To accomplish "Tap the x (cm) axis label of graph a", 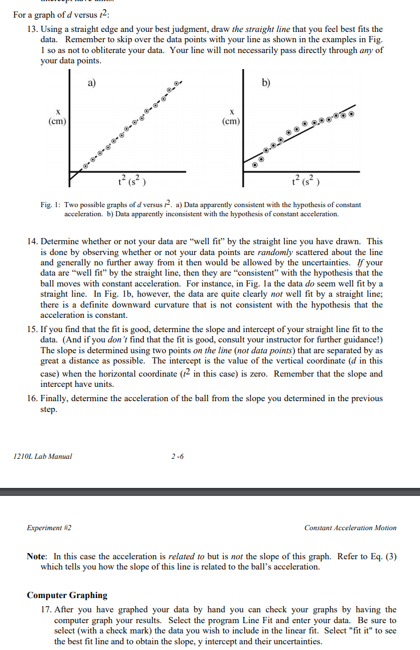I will (57, 116).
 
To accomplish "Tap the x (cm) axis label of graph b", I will (231, 116).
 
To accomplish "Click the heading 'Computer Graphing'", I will (67, 595).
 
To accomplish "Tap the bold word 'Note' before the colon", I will (37, 556).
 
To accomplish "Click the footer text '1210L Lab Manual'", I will (41, 456).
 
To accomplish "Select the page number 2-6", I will (177, 456).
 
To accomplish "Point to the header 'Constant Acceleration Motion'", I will (350, 528).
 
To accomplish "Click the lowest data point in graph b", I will (255, 164).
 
